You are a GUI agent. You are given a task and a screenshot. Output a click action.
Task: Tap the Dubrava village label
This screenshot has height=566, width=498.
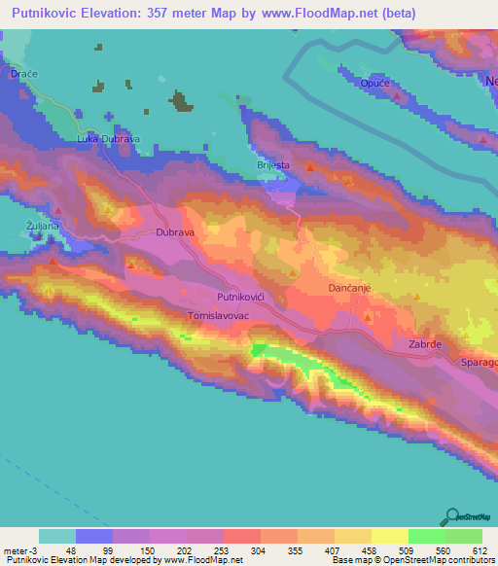pos(176,233)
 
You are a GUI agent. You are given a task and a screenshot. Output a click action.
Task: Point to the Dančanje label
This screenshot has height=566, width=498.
pos(349,290)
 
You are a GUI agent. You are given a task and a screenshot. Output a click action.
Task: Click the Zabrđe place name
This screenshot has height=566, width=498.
pos(426,343)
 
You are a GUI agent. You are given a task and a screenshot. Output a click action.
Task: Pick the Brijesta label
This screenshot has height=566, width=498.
pos(273,165)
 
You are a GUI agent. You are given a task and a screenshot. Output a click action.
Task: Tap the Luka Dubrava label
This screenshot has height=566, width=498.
pos(109,139)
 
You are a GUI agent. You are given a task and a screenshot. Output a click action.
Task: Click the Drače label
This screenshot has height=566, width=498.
pos(22,75)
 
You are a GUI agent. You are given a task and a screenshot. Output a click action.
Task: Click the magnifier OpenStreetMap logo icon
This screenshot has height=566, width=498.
pos(452,515)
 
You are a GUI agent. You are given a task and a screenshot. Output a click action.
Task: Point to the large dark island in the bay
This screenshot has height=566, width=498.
pos(181,99)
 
